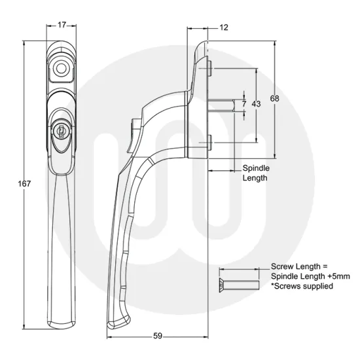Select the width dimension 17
[x=62, y=26]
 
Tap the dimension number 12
[x=224, y=27]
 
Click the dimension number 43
[x=256, y=104]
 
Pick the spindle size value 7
[x=243, y=104]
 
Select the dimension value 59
[x=158, y=336]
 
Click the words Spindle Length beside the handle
[x=256, y=173]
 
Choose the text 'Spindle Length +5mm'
[x=310, y=277]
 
